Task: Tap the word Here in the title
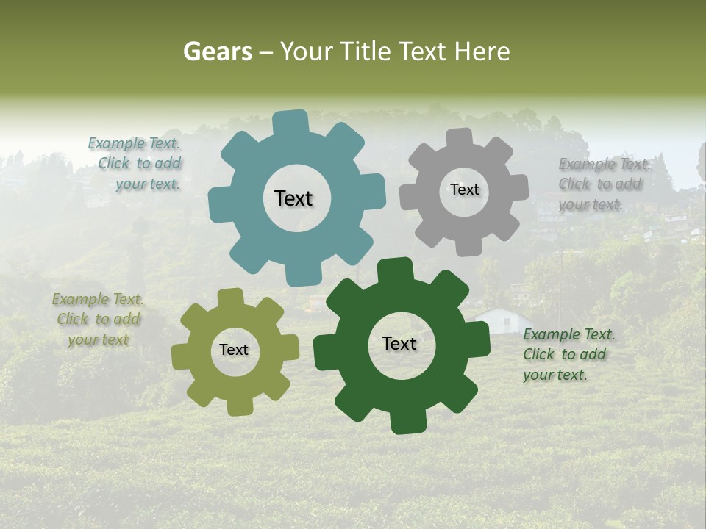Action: (482, 51)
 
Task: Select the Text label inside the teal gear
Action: (293, 198)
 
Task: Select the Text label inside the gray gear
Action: (464, 190)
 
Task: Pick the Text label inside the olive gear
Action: (234, 350)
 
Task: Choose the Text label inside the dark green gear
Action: (399, 343)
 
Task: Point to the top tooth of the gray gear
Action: (460, 139)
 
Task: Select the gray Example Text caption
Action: (603, 184)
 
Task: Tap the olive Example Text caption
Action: (99, 320)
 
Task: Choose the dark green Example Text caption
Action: (568, 354)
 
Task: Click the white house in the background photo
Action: (500, 319)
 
